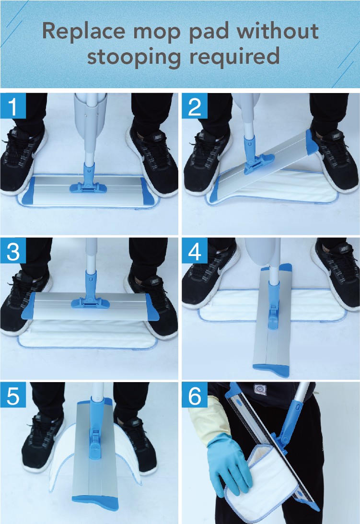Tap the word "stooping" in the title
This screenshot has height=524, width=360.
pyautogui.click(x=134, y=56)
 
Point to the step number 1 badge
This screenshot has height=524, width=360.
pyautogui.click(x=13, y=105)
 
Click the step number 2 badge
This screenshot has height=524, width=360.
pyautogui.click(x=195, y=105)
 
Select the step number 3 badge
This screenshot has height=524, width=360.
pyautogui.click(x=13, y=250)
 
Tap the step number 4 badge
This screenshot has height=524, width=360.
pyautogui.click(x=195, y=250)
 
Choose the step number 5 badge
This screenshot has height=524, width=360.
pyautogui.click(x=13, y=395)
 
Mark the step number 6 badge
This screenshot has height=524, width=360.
pyautogui.click(x=195, y=395)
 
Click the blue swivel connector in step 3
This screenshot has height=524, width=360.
pyautogui.click(x=90, y=291)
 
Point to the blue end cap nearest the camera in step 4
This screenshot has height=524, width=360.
pyautogui.click(x=271, y=370)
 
